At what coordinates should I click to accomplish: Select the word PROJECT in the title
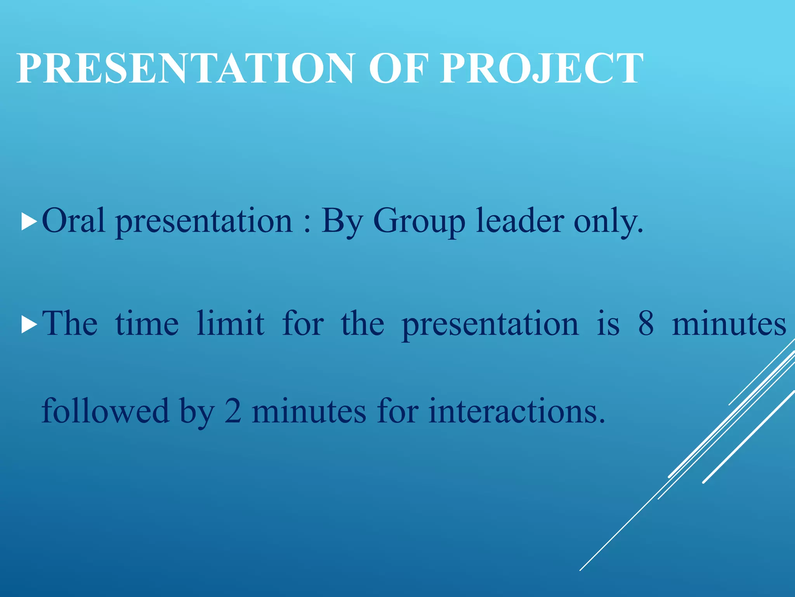[x=542, y=68]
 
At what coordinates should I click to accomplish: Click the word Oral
[x=73, y=221]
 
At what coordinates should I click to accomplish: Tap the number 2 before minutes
[x=233, y=411]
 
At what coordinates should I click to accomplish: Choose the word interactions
[x=517, y=411]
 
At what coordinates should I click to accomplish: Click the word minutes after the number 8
[x=729, y=324]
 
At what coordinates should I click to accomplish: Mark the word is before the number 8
[x=608, y=324]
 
